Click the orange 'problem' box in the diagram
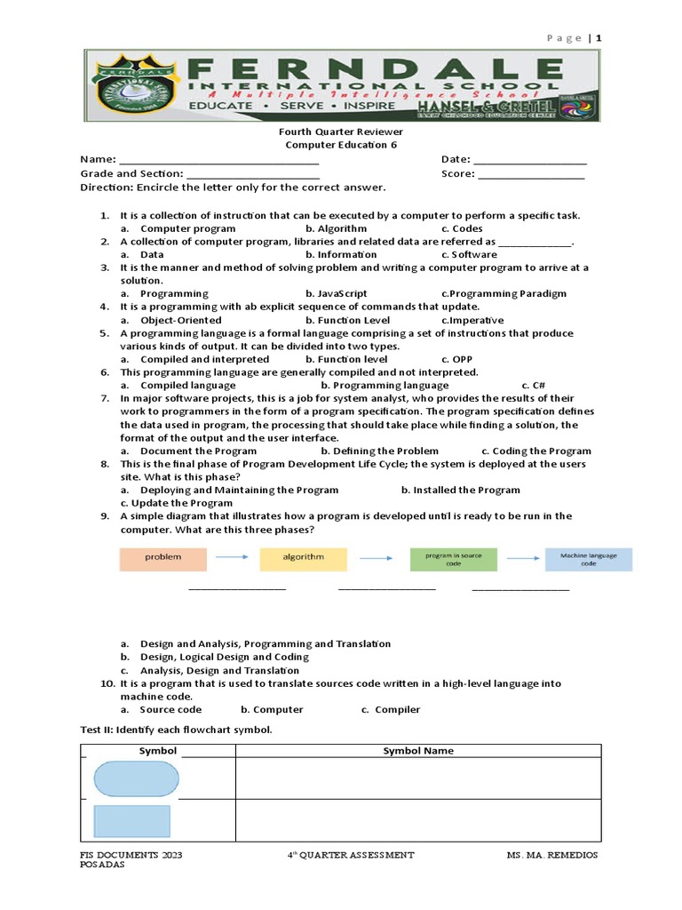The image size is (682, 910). click(163, 558)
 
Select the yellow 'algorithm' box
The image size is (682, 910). click(304, 558)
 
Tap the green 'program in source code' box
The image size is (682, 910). click(453, 558)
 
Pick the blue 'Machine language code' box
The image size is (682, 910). click(589, 559)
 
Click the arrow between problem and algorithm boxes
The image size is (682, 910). click(233, 558)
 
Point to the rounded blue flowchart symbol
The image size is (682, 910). click(136, 778)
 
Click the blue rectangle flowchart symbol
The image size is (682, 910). click(131, 821)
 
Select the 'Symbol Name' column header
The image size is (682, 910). click(418, 751)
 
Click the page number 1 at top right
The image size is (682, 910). click(599, 38)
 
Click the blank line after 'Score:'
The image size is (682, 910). click(531, 174)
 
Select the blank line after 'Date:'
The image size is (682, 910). click(530, 160)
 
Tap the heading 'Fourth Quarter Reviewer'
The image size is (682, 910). click(341, 132)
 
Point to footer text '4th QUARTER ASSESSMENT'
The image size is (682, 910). click(351, 855)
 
